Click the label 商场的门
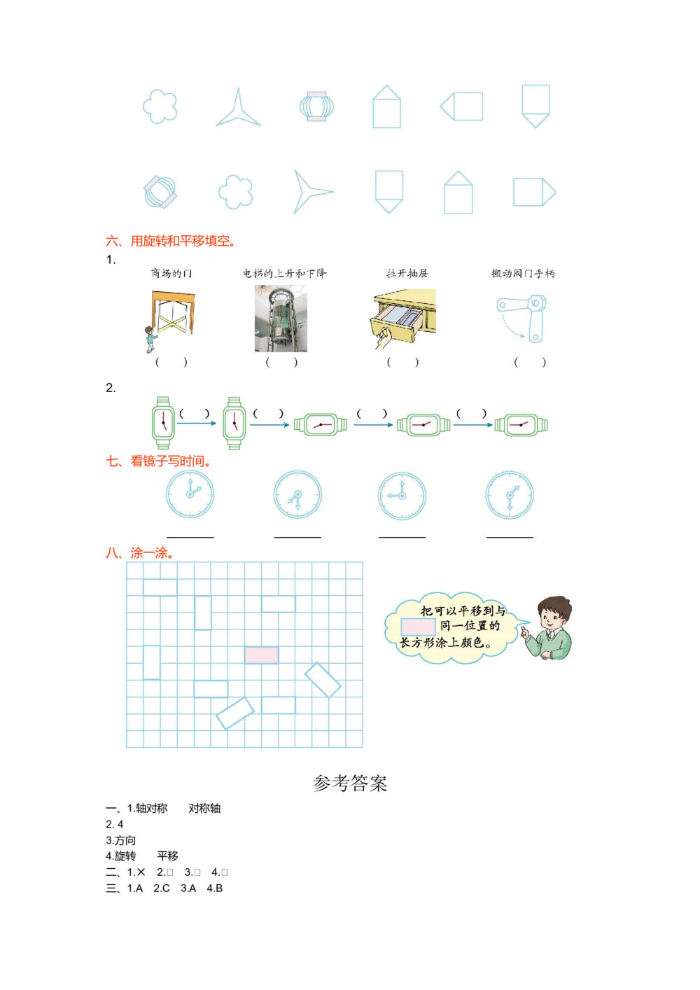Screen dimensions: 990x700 click(x=171, y=273)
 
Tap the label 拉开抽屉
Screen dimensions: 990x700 click(x=407, y=273)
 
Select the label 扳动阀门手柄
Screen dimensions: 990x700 click(x=523, y=273)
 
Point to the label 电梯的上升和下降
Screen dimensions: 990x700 click(x=284, y=273)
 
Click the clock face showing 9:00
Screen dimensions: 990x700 click(x=402, y=495)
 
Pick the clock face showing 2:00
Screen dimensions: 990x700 click(x=190, y=493)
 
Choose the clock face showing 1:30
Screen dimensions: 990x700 click(x=510, y=495)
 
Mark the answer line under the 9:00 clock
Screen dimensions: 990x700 click(x=402, y=538)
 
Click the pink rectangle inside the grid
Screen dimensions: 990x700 click(x=261, y=655)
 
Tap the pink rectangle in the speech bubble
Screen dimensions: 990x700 click(x=418, y=627)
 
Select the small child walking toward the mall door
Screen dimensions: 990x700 click(x=150, y=339)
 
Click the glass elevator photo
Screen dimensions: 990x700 click(x=280, y=319)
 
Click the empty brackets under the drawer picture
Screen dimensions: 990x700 click(x=402, y=362)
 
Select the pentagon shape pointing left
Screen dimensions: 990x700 click(x=461, y=107)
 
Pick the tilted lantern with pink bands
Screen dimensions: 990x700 click(x=160, y=191)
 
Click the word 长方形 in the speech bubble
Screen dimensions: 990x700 click(x=416, y=642)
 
